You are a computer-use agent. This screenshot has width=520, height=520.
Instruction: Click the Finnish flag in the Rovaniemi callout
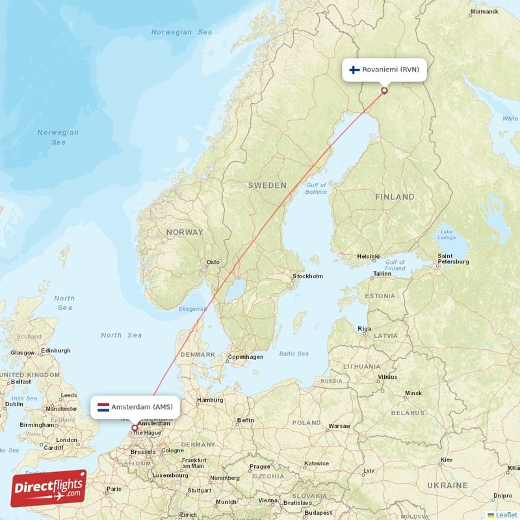point(354,70)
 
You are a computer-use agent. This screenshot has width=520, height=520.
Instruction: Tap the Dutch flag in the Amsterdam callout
point(103,408)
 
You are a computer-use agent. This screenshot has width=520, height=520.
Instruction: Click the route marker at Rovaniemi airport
point(384,90)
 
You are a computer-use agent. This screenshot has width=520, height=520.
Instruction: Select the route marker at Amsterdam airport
point(135,428)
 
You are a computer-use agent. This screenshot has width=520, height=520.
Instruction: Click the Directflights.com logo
point(49,488)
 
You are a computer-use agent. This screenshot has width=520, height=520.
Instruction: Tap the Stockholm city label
point(307,276)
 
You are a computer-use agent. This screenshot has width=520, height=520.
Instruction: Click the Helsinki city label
point(368,257)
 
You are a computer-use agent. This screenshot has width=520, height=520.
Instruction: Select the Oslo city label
point(213,263)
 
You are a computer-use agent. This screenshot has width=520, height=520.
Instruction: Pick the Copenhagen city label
point(246,357)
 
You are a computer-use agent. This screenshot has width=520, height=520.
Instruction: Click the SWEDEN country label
point(266,186)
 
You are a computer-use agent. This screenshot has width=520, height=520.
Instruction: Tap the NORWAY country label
point(185,232)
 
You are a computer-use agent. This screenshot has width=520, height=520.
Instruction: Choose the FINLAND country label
point(395,196)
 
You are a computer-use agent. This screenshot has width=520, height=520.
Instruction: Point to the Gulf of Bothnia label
point(316,188)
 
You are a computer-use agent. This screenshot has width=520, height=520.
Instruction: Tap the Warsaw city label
point(339,426)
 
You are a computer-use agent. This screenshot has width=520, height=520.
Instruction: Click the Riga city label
point(364,330)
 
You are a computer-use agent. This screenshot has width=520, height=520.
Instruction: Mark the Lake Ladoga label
point(446,234)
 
